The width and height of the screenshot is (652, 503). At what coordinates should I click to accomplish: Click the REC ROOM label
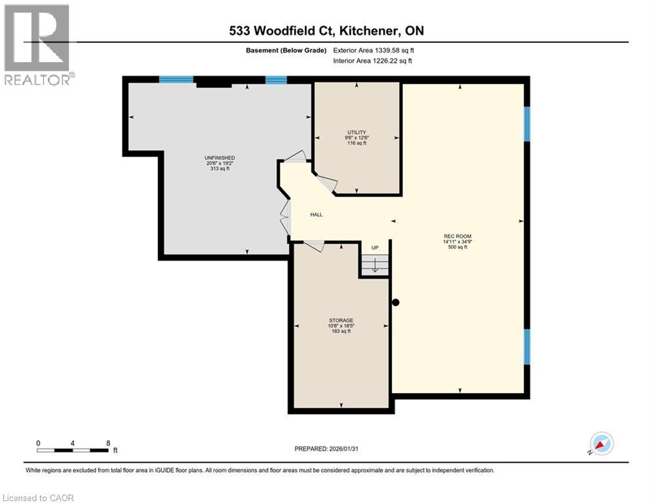click(x=457, y=236)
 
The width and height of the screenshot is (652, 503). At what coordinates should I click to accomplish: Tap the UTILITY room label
click(x=356, y=132)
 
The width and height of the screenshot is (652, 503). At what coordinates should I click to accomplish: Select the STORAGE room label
click(x=340, y=320)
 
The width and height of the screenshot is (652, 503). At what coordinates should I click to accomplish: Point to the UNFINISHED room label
click(x=220, y=158)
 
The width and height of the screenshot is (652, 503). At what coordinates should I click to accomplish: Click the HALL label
click(x=316, y=215)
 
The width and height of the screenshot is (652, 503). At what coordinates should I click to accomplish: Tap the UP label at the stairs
click(x=375, y=248)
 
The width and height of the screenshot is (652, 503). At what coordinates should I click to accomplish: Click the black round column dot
click(x=395, y=303)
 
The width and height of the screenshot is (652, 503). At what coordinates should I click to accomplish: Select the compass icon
click(x=601, y=443)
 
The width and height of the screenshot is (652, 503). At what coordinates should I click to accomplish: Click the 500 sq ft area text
click(x=457, y=248)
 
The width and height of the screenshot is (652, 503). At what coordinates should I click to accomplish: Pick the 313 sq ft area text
click(x=220, y=169)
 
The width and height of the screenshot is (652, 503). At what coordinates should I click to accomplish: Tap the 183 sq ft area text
click(x=340, y=331)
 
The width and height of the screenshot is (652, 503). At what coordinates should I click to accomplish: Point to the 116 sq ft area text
click(x=356, y=143)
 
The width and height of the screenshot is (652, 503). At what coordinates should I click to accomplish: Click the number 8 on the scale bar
click(x=107, y=443)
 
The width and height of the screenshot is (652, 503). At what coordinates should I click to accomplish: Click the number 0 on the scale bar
click(x=39, y=443)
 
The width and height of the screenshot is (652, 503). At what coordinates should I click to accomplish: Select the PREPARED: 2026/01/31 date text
click(x=328, y=449)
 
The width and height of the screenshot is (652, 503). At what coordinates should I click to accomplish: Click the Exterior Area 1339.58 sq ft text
click(x=373, y=50)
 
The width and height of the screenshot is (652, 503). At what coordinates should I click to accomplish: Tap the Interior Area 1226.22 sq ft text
click(x=373, y=61)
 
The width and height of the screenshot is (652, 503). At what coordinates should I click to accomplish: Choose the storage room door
click(x=314, y=245)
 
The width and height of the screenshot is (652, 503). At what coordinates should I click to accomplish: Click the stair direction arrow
click(x=375, y=265)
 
